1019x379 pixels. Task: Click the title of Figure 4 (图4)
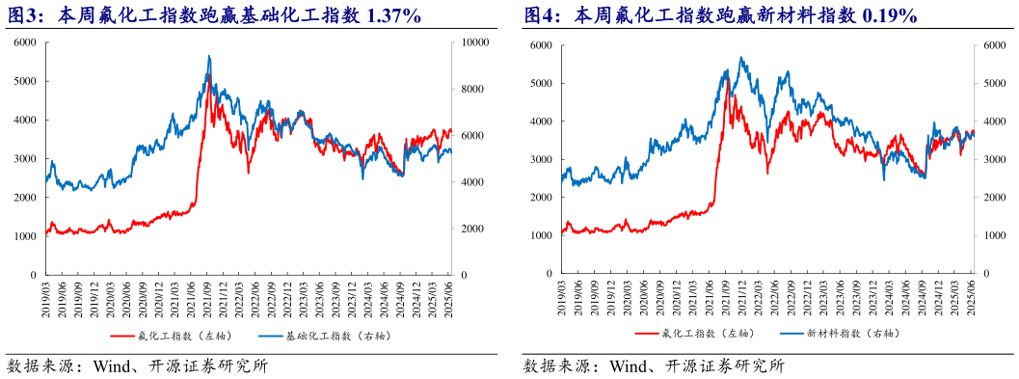point(719,15)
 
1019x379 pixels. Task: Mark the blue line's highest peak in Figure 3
point(209,57)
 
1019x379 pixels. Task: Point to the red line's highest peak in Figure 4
point(729,94)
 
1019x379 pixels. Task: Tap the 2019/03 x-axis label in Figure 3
point(46,295)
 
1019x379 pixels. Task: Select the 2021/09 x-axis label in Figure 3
point(207,295)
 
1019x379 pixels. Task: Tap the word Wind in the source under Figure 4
point(628,366)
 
